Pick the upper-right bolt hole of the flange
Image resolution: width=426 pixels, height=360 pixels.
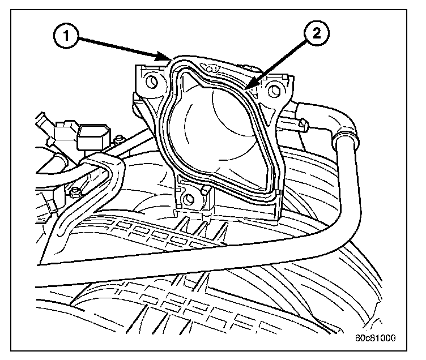click(x=276, y=88)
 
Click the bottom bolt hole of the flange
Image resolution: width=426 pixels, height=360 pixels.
click(x=190, y=199)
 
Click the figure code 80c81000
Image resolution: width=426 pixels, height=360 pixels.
click(x=377, y=338)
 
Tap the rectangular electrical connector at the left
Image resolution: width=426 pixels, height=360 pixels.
click(x=91, y=136)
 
